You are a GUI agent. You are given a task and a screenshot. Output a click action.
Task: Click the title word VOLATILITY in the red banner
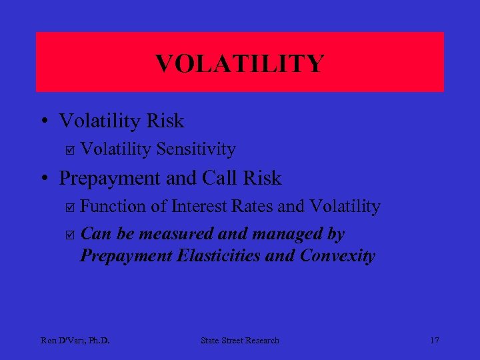239,64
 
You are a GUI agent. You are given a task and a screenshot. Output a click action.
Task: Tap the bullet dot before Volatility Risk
43,121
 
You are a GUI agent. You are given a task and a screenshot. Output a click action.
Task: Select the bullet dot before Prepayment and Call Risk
43,179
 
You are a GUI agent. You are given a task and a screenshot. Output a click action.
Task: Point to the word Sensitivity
196,149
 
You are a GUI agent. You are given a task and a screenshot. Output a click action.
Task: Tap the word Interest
198,207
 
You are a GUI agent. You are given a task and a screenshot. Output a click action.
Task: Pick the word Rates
251,207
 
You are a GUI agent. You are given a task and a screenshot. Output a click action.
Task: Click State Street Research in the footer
240,341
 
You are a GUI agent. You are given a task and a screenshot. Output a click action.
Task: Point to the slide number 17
434,341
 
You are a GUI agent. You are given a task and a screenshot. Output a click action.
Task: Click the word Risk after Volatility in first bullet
166,121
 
